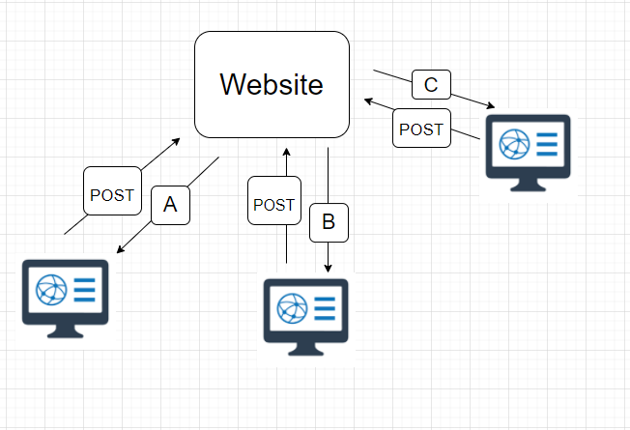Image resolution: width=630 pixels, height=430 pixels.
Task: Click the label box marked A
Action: point(170,205)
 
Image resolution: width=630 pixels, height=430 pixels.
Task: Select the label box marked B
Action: point(328,222)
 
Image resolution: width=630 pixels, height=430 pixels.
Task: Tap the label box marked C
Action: point(431,84)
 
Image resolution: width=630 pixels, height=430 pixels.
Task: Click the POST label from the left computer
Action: point(112,194)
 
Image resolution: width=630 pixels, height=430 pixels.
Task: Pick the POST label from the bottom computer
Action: point(274,205)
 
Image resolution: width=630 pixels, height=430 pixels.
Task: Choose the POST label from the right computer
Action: point(421,129)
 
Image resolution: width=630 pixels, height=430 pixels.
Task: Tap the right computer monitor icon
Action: point(528,154)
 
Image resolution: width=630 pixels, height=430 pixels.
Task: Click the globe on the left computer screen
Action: point(48,289)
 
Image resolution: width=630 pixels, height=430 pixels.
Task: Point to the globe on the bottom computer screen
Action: point(289,308)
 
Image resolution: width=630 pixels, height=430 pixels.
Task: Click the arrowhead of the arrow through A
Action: point(119,252)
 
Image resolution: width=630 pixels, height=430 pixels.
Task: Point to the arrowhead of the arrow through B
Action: point(329,271)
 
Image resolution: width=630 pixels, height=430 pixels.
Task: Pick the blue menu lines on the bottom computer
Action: point(325,308)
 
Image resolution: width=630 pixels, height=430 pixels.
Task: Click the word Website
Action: point(272,84)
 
